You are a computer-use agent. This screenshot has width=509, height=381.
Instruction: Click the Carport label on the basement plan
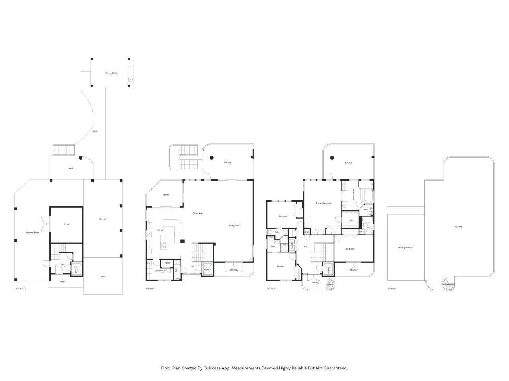[x=103, y=219]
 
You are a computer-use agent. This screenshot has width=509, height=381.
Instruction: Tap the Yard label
[x=71, y=168]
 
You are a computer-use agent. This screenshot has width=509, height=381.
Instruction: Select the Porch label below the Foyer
[x=62, y=282]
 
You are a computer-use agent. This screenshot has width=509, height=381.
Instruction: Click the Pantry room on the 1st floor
[x=167, y=263]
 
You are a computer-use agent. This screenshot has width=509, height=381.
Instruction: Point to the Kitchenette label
[x=159, y=271]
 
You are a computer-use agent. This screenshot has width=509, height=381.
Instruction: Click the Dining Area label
[x=198, y=213]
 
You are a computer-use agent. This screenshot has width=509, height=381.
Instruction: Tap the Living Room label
[x=235, y=225]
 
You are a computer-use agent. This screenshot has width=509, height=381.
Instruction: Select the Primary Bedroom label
[x=323, y=203]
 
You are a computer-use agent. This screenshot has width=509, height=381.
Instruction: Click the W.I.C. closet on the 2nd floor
[x=351, y=221]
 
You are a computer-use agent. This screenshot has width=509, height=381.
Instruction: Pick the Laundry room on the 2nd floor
[x=292, y=245]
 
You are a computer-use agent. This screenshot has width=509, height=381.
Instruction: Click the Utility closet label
[x=307, y=232]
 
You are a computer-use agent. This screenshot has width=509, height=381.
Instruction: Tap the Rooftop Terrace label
[x=406, y=248]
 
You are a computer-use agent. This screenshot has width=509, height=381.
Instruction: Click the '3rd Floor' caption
[x=392, y=289]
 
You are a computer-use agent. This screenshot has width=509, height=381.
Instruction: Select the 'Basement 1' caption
[x=20, y=289]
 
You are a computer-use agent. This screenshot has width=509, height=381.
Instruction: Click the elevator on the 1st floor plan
[x=208, y=269]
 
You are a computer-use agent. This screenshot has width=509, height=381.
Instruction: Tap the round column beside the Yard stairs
[x=81, y=158]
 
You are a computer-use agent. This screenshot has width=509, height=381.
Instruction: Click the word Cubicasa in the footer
[x=218, y=368]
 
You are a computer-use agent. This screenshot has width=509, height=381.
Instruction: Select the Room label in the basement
[x=66, y=224]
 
